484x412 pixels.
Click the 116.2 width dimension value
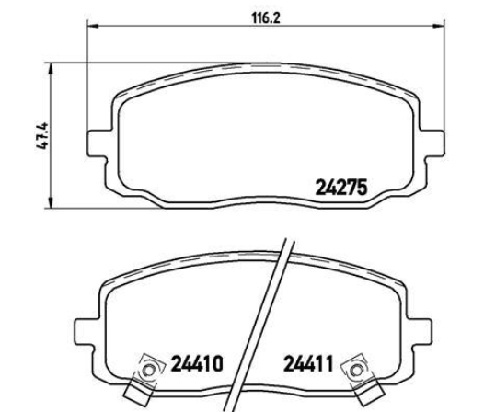(x=266, y=18)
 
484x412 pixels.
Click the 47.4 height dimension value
(x=42, y=135)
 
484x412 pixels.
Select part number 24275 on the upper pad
(x=341, y=188)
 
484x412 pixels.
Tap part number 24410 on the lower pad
(x=197, y=363)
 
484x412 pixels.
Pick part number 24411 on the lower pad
(x=308, y=363)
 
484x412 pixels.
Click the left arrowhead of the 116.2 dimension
(x=93, y=26)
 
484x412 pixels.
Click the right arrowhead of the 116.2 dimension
(x=439, y=26)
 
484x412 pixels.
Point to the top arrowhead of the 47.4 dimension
(x=51, y=68)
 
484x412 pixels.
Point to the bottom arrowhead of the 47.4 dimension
(x=51, y=202)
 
